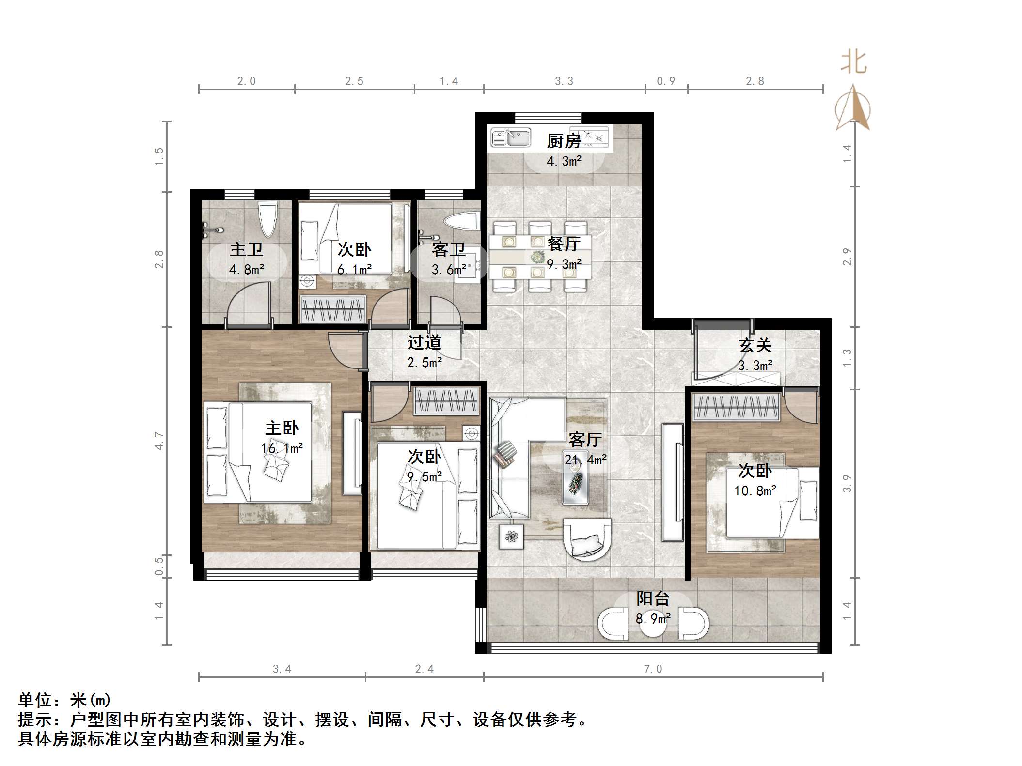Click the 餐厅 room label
pyautogui.click(x=564, y=244)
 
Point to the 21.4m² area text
pyautogui.click(x=585, y=459)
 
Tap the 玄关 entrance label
pyautogui.click(x=755, y=345)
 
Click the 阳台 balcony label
pyautogui.click(x=653, y=598)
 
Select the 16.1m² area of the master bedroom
pyautogui.click(x=282, y=448)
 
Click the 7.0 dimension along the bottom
pyautogui.click(x=653, y=669)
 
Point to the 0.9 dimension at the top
pyautogui.click(x=666, y=81)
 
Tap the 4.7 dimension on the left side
pyautogui.click(x=159, y=441)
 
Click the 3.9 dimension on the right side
pyautogui.click(x=847, y=483)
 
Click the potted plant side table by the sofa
pyautogui.click(x=511, y=536)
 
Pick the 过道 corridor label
pyautogui.click(x=424, y=342)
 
